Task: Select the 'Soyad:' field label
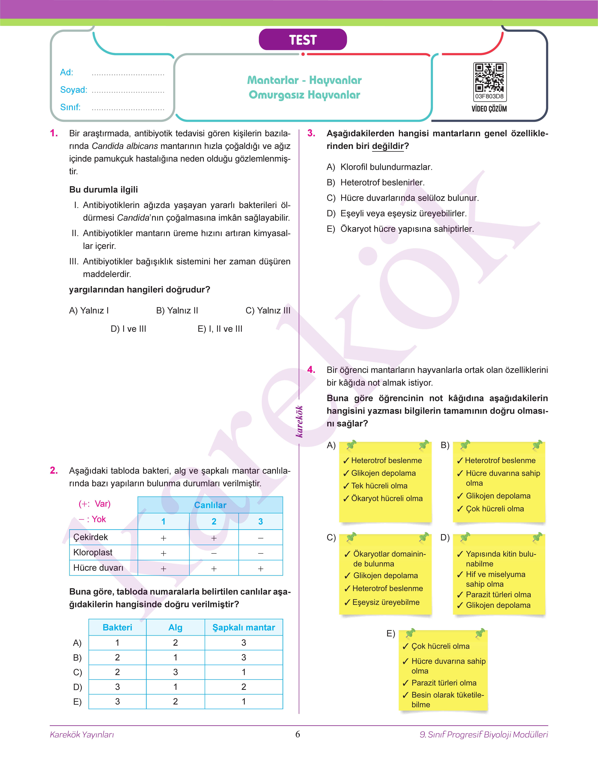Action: point(73,90)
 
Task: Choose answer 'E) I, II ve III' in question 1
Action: point(220,329)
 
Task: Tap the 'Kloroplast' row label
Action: point(93,553)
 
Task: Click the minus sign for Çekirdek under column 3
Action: point(260,538)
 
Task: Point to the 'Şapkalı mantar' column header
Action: point(244,627)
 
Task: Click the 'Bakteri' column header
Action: point(117,627)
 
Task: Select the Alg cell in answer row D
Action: point(175,687)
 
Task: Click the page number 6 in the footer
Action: point(298,734)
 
